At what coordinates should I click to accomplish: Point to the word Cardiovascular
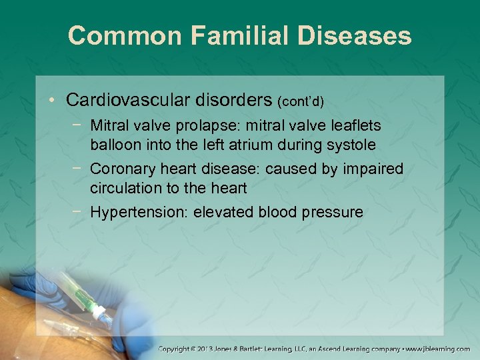(x=130, y=100)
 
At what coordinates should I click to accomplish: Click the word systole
(x=351, y=145)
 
